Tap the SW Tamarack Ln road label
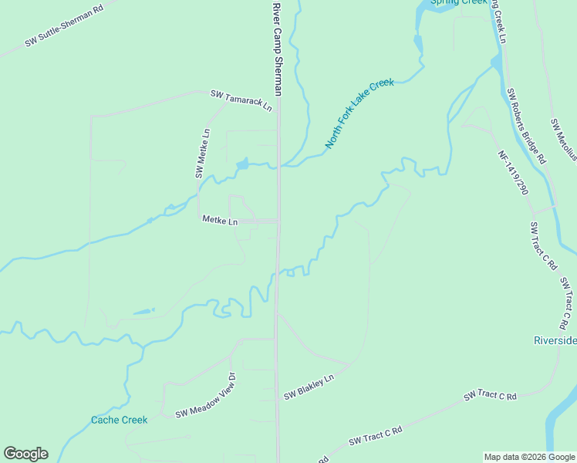tap(241, 100)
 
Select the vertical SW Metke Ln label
tap(203, 153)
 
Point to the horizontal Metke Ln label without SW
tap(220, 221)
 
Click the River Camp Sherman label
tap(278, 47)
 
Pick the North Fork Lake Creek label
tap(359, 113)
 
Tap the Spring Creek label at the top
tap(459, 2)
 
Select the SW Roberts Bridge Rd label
tap(526, 126)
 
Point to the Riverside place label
tap(555, 341)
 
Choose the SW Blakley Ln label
tap(309, 387)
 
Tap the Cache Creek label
tap(119, 420)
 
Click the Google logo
tap(25, 454)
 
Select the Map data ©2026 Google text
tap(529, 457)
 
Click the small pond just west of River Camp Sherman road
tap(243, 164)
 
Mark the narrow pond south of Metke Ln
tap(143, 312)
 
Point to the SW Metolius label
tap(563, 139)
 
